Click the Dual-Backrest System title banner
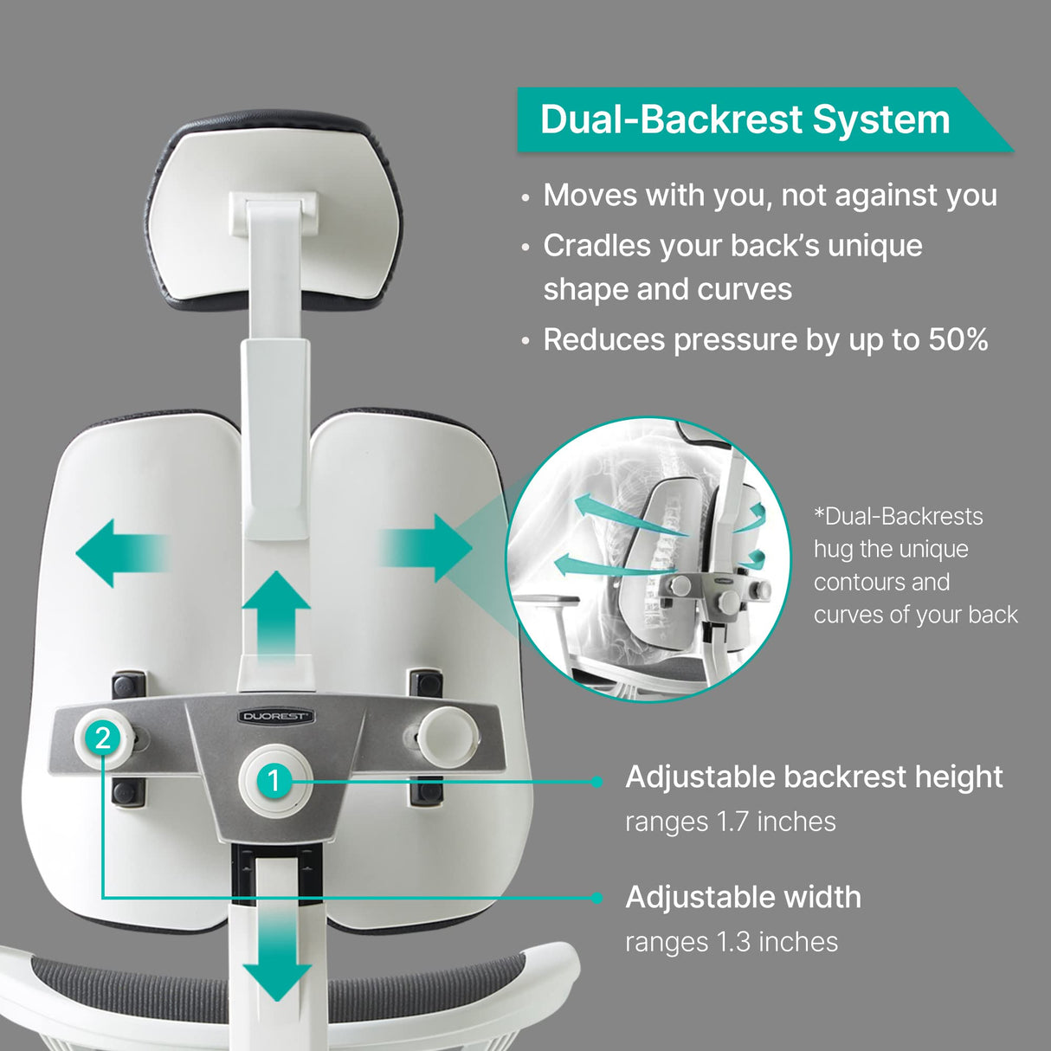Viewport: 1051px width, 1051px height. [x=745, y=119]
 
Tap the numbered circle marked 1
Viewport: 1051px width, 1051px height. [x=274, y=781]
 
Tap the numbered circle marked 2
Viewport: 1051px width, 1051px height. [x=103, y=738]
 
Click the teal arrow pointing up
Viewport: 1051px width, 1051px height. [x=275, y=616]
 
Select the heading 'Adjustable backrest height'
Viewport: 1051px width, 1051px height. [x=813, y=777]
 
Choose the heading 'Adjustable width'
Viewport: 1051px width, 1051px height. [x=743, y=897]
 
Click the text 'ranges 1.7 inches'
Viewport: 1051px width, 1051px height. [x=730, y=821]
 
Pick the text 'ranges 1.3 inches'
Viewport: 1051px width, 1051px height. [x=731, y=941]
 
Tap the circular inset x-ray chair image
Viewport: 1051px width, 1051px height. [x=649, y=558]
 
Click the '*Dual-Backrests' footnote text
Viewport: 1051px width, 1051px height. [x=898, y=516]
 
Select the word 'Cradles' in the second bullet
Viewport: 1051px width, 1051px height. [x=596, y=246]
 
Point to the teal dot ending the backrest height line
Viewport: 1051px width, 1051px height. [x=596, y=782]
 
